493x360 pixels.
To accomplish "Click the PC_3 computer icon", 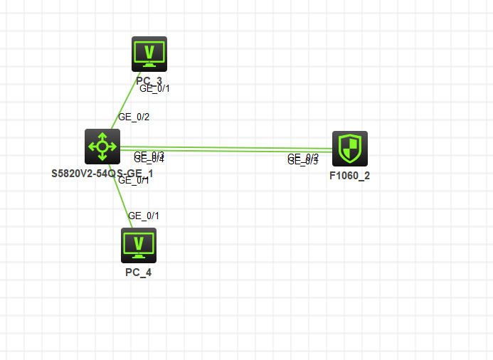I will point(149,53).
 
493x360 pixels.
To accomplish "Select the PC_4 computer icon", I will point(139,245).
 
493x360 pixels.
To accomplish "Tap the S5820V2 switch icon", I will point(102,147).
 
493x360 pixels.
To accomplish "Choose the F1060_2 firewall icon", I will point(350,149).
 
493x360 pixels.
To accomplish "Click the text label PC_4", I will point(138,272).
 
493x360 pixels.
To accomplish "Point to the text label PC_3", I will point(149,80).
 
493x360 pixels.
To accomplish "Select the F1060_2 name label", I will point(349,175).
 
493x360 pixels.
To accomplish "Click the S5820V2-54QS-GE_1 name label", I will point(102,173).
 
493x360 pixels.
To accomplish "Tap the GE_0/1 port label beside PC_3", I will point(154,89).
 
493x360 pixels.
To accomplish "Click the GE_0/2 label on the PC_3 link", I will point(134,117).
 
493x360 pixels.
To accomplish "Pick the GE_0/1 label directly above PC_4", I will point(144,216).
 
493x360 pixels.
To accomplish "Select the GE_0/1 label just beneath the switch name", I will point(134,181).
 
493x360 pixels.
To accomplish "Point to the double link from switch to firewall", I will point(228,149).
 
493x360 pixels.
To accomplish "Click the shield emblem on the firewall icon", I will point(350,147).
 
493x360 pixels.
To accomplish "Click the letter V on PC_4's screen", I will point(139,243).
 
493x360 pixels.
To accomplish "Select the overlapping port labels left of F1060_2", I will point(303,159).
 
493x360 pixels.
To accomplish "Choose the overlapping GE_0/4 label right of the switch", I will point(149,159).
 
